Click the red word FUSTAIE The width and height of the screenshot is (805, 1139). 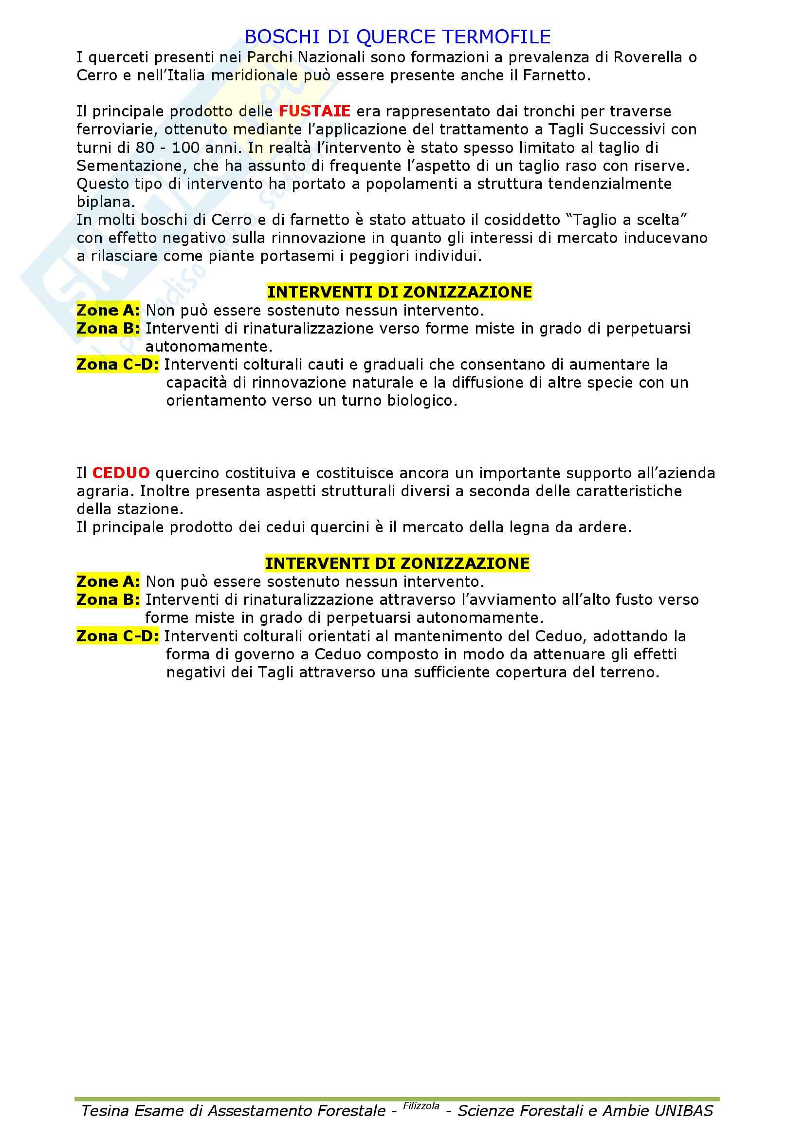coord(314,111)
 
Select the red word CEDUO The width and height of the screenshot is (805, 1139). coord(121,473)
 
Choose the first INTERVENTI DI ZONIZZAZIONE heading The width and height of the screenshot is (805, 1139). coord(400,292)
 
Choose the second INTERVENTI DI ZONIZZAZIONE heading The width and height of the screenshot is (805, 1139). coord(397,563)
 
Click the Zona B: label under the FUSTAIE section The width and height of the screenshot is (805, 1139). coord(108,328)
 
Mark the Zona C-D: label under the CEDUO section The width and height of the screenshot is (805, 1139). coord(117,636)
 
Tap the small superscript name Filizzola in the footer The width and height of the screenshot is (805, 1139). coord(421,1106)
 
